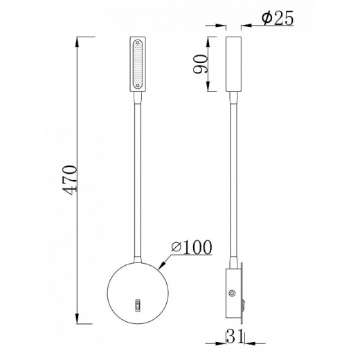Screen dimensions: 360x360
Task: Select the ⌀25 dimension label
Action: [x=273, y=19]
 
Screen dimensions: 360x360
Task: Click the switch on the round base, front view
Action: [x=137, y=303]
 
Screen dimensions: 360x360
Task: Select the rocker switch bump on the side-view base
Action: [x=242, y=303]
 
